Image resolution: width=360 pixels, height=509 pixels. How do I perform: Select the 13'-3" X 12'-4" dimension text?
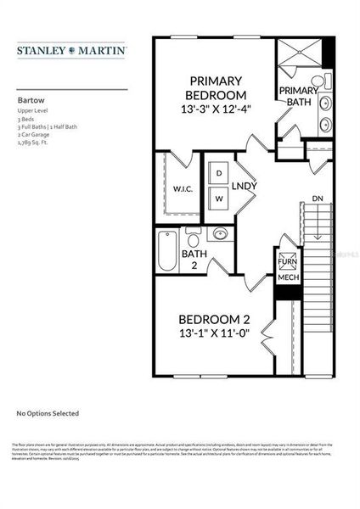point(217,110)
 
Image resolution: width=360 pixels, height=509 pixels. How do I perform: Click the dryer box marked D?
point(218,173)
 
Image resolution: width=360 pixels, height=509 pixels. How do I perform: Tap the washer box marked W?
point(218,198)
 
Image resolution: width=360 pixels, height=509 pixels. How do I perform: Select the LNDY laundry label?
point(245,186)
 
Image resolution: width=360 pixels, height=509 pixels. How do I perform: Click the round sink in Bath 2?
point(220,234)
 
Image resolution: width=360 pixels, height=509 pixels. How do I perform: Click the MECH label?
point(286,277)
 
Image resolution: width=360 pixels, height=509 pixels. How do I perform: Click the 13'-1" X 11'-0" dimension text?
point(214,335)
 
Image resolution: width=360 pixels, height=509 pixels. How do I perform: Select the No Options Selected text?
point(48,413)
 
